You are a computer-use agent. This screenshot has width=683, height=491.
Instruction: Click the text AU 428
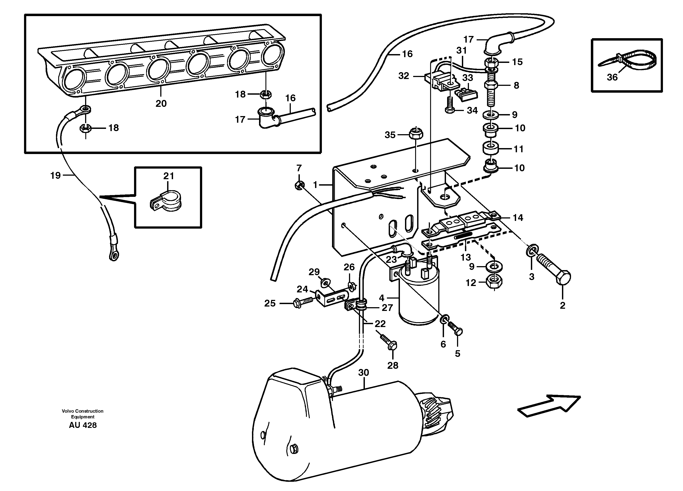pos(83,425)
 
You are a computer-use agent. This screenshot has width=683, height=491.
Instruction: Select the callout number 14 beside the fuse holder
pos(518,218)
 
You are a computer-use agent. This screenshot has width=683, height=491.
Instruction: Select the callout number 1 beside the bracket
pos(315,184)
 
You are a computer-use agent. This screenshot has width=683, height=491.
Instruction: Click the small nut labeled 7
pos(299,185)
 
